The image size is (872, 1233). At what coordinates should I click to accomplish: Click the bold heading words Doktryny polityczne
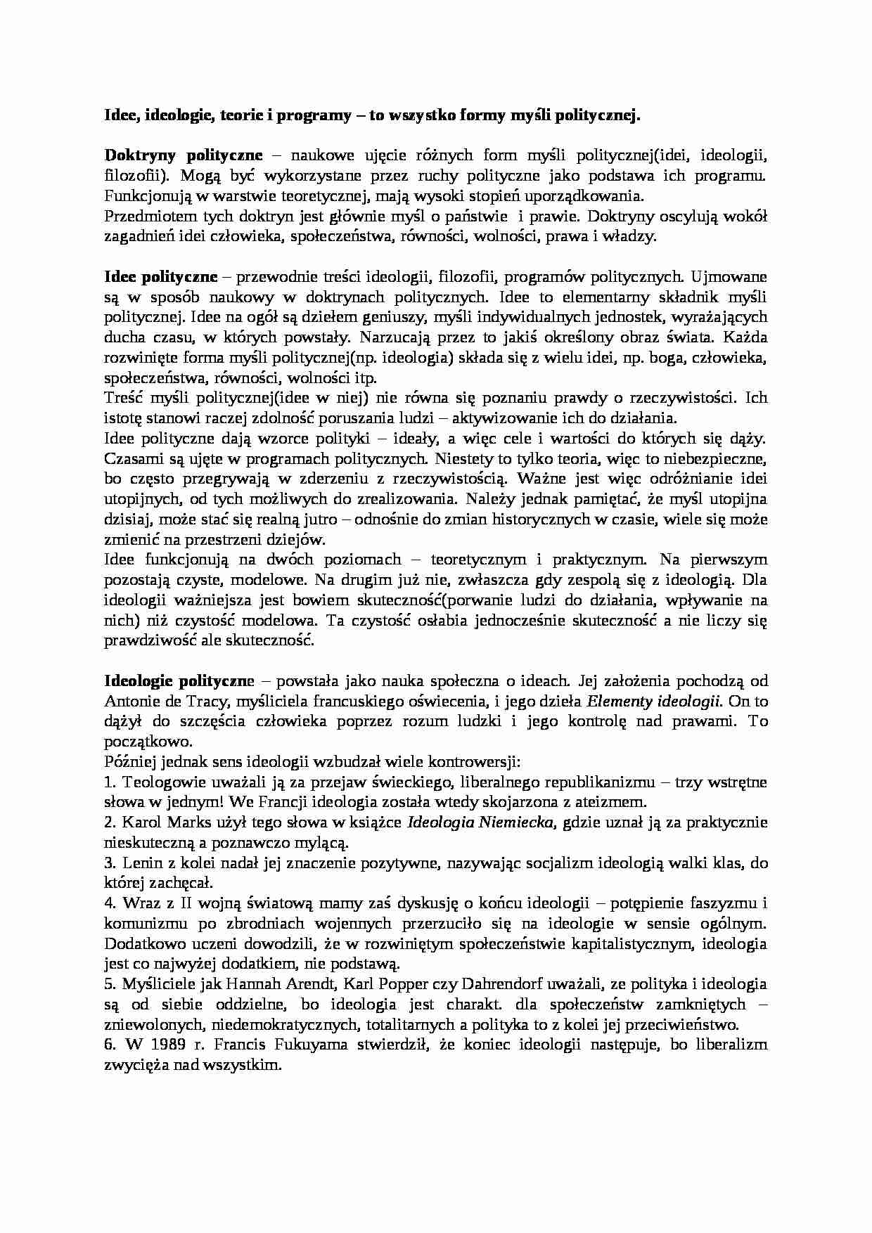click(x=184, y=155)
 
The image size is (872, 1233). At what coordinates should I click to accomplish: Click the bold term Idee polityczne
click(x=161, y=276)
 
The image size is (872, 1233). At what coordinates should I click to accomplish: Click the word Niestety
click(x=460, y=458)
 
